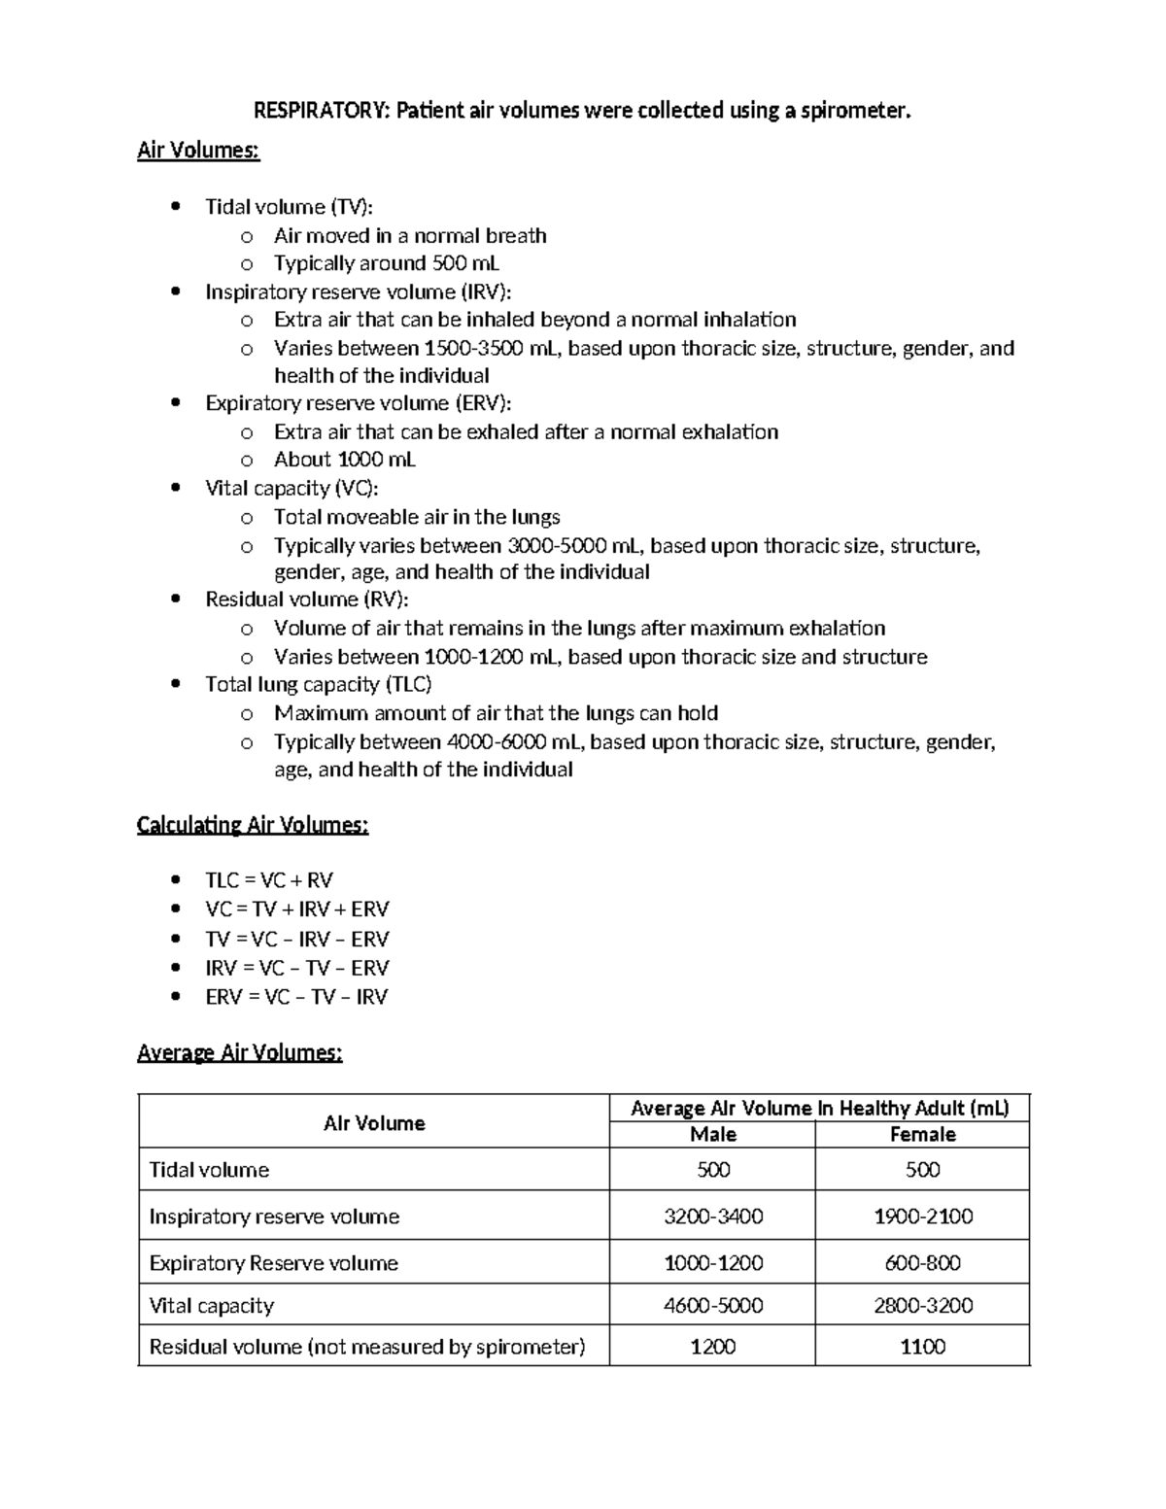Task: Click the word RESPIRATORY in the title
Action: pyautogui.click(x=320, y=111)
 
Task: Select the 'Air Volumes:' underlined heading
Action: pyautogui.click(x=198, y=151)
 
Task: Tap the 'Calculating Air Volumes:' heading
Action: pyautogui.click(x=253, y=825)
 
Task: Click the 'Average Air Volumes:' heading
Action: pyautogui.click(x=239, y=1052)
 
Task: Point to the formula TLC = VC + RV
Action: pyautogui.click(x=269, y=880)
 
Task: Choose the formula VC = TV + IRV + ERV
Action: pyautogui.click(x=296, y=909)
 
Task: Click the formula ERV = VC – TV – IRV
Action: pyautogui.click(x=296, y=997)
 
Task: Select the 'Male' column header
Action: pyautogui.click(x=712, y=1135)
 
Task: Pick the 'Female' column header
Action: pyautogui.click(x=922, y=1135)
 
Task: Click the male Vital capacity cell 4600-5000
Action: pyautogui.click(x=712, y=1306)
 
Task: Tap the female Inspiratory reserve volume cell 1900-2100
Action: pyautogui.click(x=922, y=1217)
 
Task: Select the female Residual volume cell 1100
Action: pyautogui.click(x=922, y=1347)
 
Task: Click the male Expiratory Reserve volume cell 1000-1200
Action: pyautogui.click(x=712, y=1263)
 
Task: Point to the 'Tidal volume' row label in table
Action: pyautogui.click(x=209, y=1170)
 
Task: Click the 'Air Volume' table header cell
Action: pyautogui.click(x=374, y=1123)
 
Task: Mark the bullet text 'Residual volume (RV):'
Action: pyautogui.click(x=306, y=600)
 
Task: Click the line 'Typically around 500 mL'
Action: pyautogui.click(x=386, y=263)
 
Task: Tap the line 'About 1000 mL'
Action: pyautogui.click(x=344, y=460)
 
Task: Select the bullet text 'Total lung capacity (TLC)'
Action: pyautogui.click(x=318, y=685)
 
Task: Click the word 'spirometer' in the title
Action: pyautogui.click(x=854, y=111)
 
